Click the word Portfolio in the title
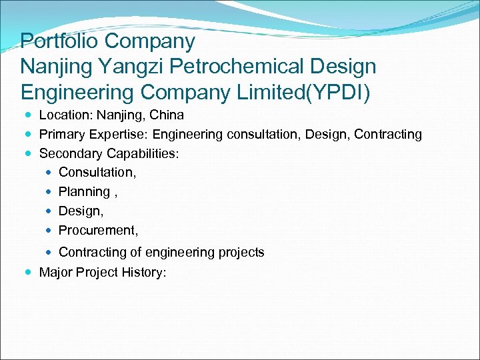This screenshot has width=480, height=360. pos(59,41)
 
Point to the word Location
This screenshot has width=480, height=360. pos(64,115)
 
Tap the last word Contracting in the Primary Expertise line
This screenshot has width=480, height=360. pos(388,135)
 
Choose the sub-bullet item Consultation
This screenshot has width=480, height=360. pos(97,173)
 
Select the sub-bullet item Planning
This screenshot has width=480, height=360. pos(84,192)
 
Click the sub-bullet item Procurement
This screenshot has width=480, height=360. pos(98,231)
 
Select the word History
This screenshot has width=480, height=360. pos(143,272)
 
